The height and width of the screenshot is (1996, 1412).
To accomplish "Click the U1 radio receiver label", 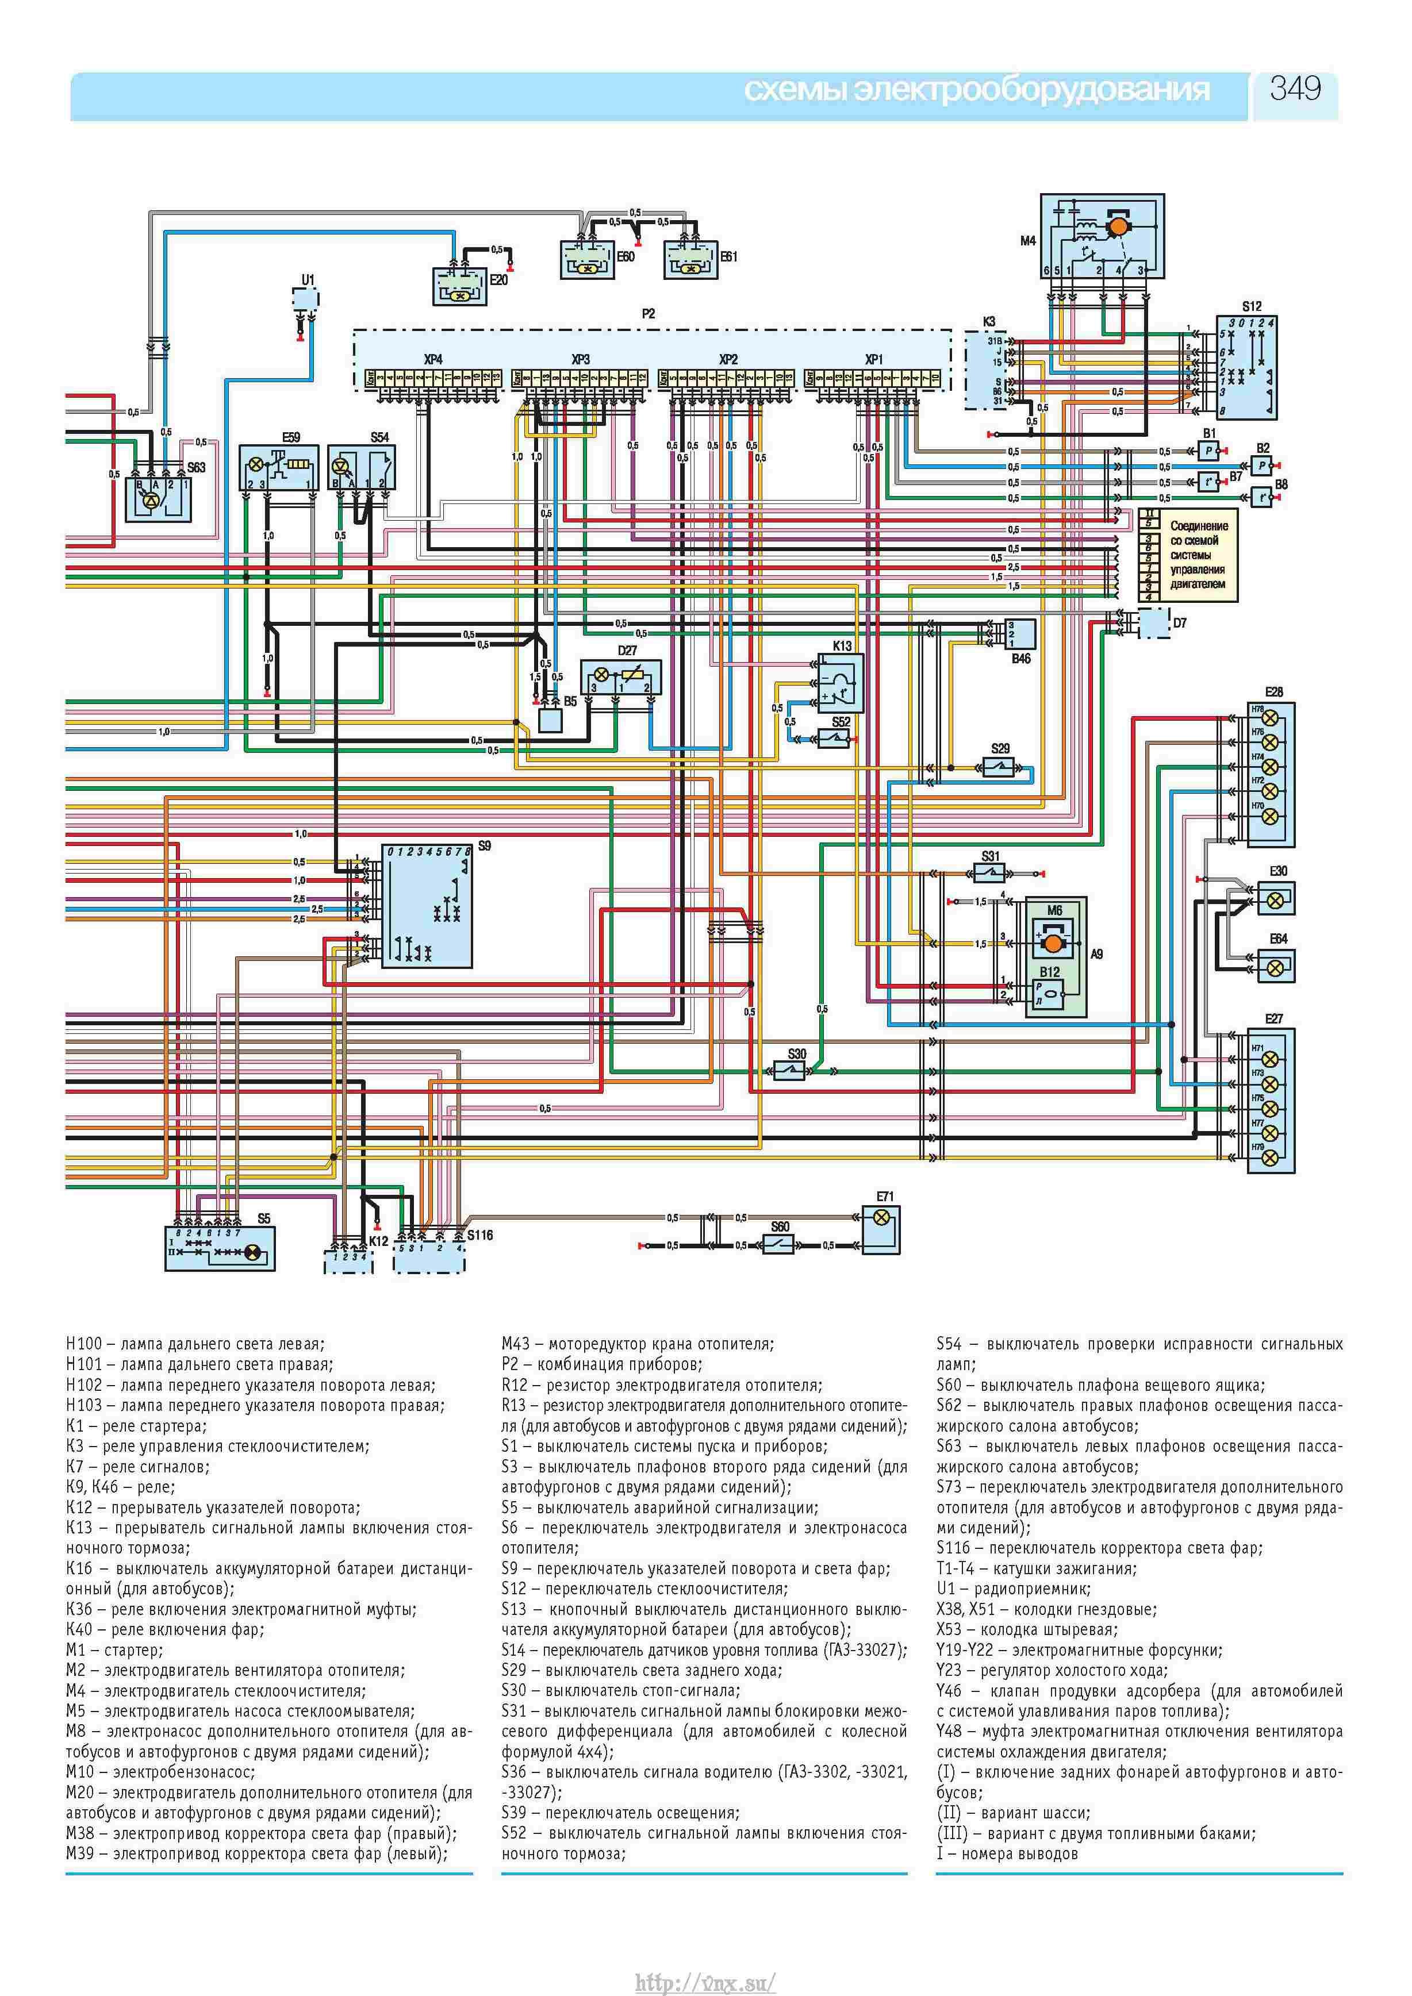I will tap(308, 280).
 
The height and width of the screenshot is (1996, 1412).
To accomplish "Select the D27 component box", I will tap(621, 679).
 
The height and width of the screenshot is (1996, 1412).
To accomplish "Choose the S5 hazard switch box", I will tap(220, 1248).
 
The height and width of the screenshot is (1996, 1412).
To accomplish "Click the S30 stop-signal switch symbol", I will tap(789, 1071).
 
